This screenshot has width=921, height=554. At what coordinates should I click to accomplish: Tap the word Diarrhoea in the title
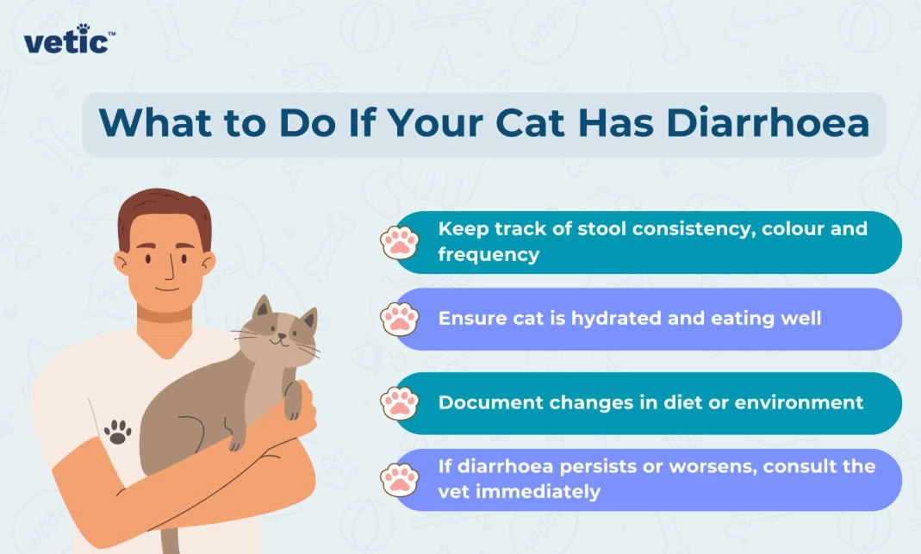(767, 122)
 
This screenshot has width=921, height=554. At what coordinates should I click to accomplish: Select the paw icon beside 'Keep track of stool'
(399, 242)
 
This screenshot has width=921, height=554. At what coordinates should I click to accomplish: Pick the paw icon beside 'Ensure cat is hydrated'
(399, 319)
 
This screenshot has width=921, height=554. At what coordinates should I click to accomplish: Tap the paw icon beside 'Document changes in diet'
(399, 402)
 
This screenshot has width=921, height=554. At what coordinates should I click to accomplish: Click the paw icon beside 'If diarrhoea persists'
(399, 479)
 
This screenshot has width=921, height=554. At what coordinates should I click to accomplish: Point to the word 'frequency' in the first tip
(489, 254)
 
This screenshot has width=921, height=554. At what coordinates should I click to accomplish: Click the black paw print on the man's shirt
(117, 431)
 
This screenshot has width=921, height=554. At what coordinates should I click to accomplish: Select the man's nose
(171, 271)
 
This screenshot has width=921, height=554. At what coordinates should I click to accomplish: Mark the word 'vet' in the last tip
(453, 492)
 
